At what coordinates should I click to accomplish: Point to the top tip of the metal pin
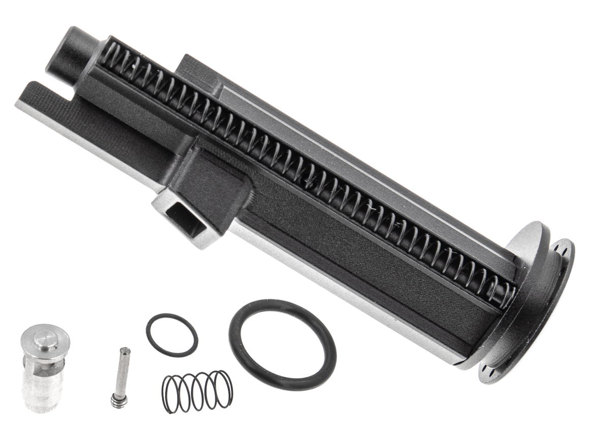tap(125, 351)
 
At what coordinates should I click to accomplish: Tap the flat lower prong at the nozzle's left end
tap(46, 102)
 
